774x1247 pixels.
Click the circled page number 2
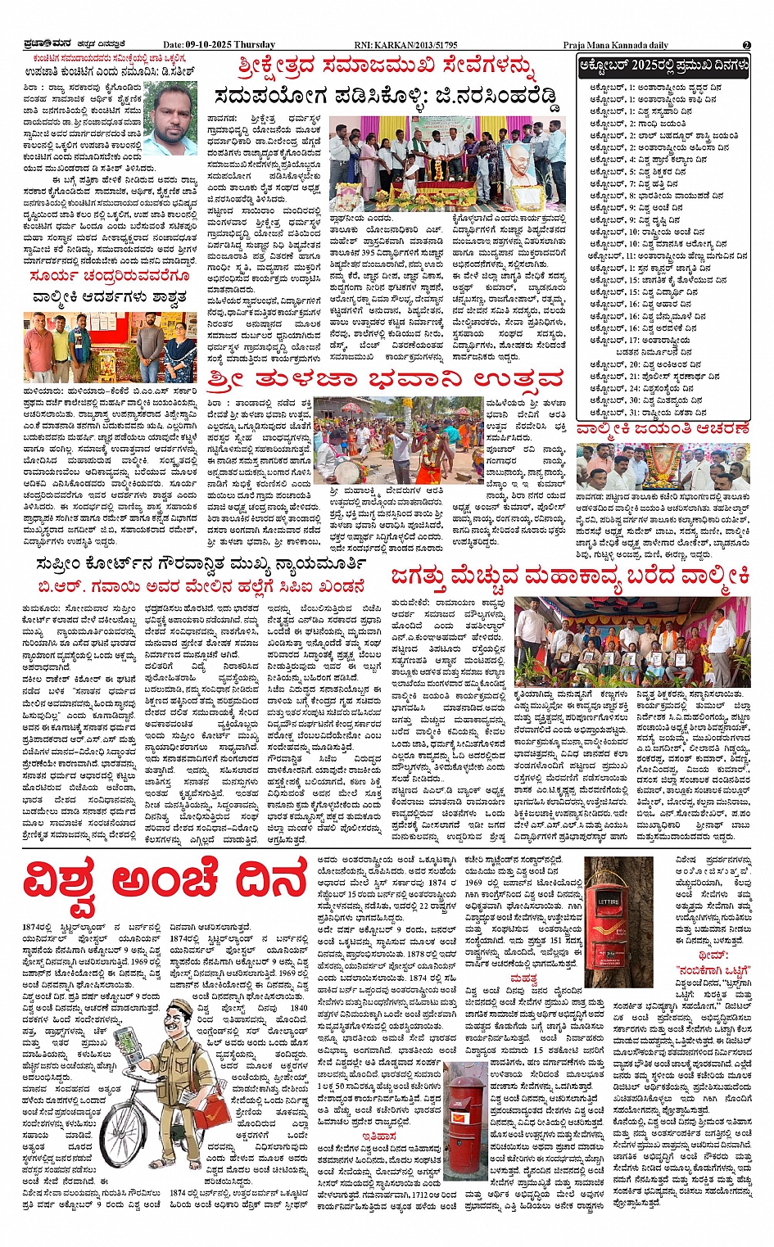[746, 45]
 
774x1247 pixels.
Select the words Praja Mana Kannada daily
[615, 45]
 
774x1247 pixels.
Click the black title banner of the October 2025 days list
[663, 66]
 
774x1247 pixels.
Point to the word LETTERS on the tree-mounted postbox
[609, 901]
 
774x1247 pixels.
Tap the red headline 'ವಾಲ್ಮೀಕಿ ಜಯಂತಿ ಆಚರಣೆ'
[663, 427]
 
